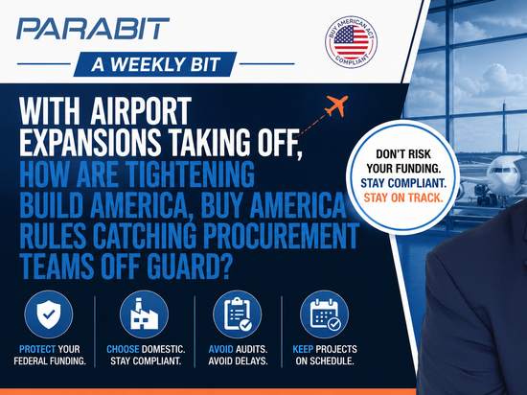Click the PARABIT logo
93,29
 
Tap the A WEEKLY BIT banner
155,64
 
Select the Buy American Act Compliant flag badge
351,42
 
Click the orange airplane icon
336,105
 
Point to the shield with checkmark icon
49,314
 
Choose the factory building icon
144,314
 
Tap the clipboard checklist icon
238,314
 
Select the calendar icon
324,314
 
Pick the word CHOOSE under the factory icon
123,349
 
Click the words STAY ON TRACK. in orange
403,197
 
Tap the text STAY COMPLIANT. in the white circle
403,183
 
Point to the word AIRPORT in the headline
141,111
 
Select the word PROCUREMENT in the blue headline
282,235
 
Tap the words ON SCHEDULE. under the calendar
325,361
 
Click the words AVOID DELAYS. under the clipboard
238,361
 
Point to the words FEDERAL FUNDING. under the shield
50,361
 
